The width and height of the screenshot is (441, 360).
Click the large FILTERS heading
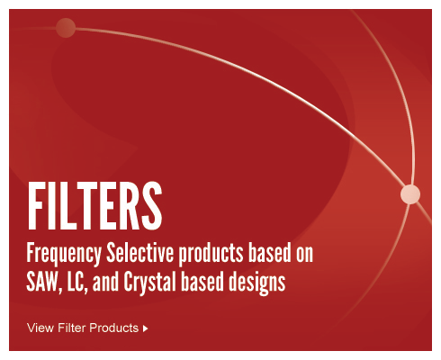click(x=95, y=206)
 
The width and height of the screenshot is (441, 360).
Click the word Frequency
click(x=64, y=255)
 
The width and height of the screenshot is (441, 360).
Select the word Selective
click(x=140, y=253)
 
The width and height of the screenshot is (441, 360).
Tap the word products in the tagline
click(x=211, y=255)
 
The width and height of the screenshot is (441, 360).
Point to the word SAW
click(x=41, y=282)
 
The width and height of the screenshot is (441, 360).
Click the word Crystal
click(x=149, y=283)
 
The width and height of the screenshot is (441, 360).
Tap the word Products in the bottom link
click(x=113, y=328)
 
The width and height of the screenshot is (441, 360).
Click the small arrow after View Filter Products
click(x=146, y=328)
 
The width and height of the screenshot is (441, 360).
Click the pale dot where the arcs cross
click(x=410, y=194)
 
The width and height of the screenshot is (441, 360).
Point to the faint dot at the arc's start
click(x=66, y=28)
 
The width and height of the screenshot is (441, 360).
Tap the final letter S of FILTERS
click(x=152, y=206)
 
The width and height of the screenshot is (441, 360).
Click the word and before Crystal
click(x=105, y=282)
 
